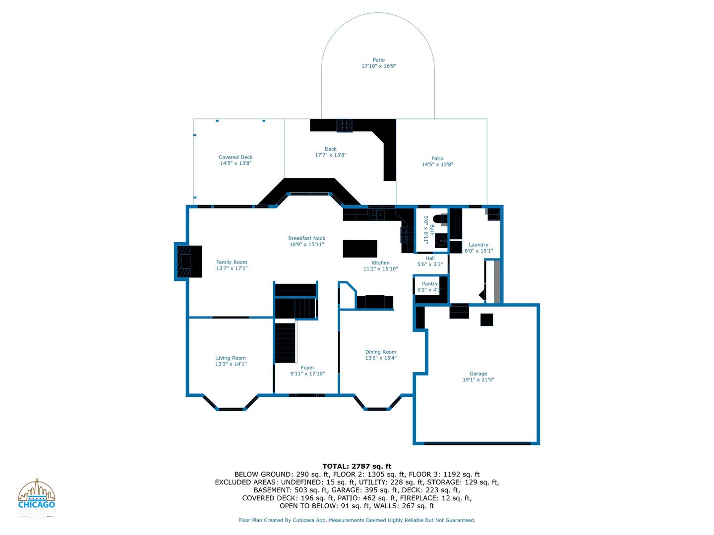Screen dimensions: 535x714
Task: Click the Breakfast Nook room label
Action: pyautogui.click(x=306, y=238)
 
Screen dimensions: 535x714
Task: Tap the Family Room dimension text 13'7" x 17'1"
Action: pyautogui.click(x=232, y=268)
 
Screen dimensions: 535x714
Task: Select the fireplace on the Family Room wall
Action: pyautogui.click(x=188, y=261)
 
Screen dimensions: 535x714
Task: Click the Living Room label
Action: pyautogui.click(x=231, y=358)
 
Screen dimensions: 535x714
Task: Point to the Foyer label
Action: pyautogui.click(x=307, y=368)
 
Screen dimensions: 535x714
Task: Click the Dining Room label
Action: pyautogui.click(x=380, y=352)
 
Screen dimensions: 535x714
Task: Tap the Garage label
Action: pyautogui.click(x=478, y=374)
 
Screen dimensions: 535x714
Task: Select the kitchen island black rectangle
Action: pyautogui.click(x=359, y=248)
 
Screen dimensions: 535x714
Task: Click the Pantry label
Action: pyautogui.click(x=429, y=284)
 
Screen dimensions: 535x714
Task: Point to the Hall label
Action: pyautogui.click(x=430, y=258)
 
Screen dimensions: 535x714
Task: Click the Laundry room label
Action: pyautogui.click(x=478, y=245)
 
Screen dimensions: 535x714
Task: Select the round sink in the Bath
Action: pyautogui.click(x=441, y=241)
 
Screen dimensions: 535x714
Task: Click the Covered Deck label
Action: pyautogui.click(x=236, y=157)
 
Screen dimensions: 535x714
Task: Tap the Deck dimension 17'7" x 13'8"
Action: pyautogui.click(x=331, y=155)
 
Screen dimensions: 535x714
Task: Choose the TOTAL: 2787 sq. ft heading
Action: pyautogui.click(x=357, y=466)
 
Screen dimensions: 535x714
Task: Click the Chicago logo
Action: pyautogui.click(x=37, y=498)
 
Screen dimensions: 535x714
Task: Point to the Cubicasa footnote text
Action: pyautogui.click(x=357, y=520)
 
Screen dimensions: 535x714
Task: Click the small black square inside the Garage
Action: pyautogui.click(x=486, y=320)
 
